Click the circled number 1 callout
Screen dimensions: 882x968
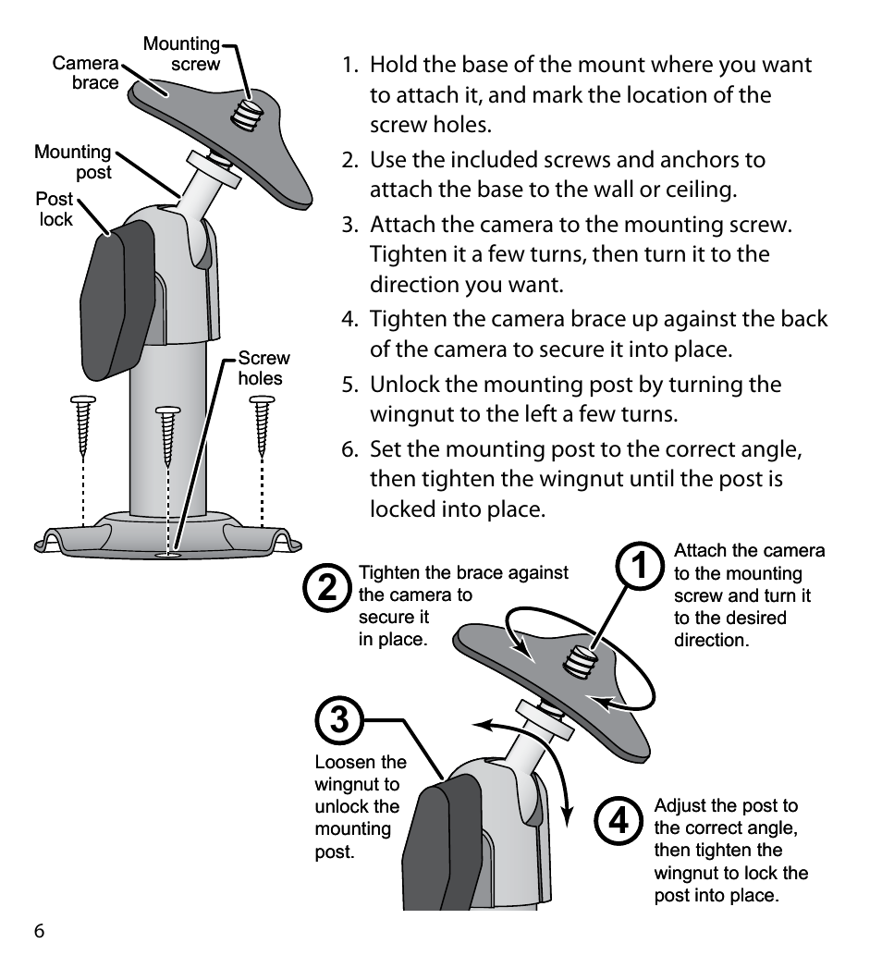pos(640,566)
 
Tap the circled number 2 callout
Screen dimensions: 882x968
pos(327,587)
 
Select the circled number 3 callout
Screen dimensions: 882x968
pos(339,720)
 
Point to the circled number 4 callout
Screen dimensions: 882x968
pos(619,821)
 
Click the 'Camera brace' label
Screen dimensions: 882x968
pos(85,73)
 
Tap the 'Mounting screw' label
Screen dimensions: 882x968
pos(181,54)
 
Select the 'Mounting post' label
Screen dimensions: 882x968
pos(73,162)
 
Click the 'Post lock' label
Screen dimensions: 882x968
pos(55,209)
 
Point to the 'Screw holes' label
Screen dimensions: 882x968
pos(263,368)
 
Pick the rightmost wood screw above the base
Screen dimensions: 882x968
pos(263,426)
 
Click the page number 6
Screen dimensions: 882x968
pos(40,931)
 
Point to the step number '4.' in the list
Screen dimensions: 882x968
pos(350,319)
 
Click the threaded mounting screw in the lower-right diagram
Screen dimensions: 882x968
pos(580,660)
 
